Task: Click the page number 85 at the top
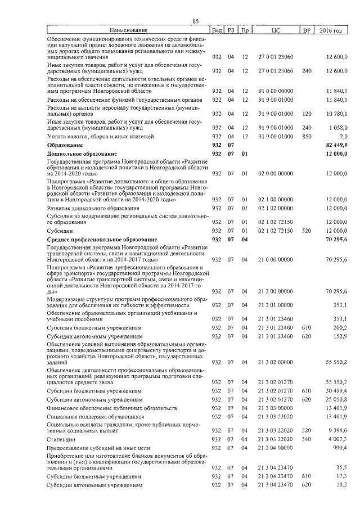point(196,21)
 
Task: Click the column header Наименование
point(128,30)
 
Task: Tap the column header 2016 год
point(330,30)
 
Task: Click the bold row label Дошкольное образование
point(82,154)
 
